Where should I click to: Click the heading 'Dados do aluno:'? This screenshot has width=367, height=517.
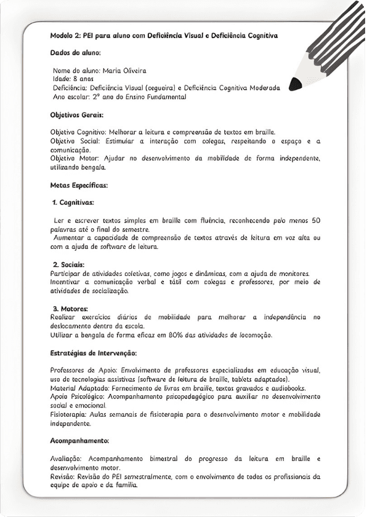[x=75, y=53]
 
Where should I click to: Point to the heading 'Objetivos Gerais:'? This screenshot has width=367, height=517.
[x=76, y=115]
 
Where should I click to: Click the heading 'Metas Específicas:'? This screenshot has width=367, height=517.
[x=79, y=185]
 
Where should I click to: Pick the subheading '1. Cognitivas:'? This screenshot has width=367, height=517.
[x=73, y=202]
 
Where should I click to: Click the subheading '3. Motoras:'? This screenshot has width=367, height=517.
[x=70, y=309]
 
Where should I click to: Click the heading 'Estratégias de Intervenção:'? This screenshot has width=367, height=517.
[x=93, y=353]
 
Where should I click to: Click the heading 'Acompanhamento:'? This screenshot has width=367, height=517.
[x=79, y=441]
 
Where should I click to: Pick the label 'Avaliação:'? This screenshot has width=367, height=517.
[x=67, y=459]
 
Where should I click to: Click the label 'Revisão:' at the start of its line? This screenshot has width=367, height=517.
[x=65, y=476]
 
